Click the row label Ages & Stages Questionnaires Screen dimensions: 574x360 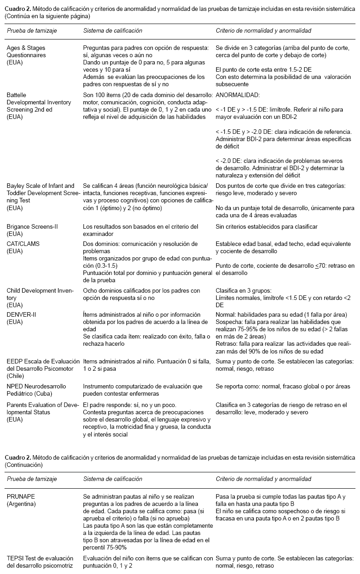pyautogui.click(x=26, y=51)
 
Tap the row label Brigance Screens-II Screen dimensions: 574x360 pyautogui.click(x=32, y=226)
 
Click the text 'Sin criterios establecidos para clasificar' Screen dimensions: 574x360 pyautogui.click(x=267, y=226)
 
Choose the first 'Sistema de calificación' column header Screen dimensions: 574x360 pyautogui.click(x=112, y=31)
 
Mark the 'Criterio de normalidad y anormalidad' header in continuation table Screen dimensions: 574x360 pyautogui.click(x=263, y=479)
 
